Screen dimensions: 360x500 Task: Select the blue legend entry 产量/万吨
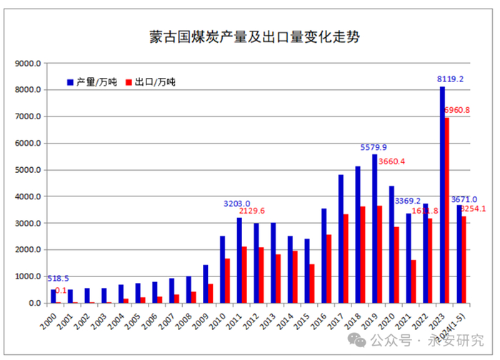tap(93, 82)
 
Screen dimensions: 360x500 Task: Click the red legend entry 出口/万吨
tap(150, 82)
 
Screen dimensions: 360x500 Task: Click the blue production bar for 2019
tap(375, 229)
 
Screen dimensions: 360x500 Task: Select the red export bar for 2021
tap(414, 281)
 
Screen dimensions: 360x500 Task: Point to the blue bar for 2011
tap(239, 260)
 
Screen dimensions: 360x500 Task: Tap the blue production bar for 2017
tap(341, 239)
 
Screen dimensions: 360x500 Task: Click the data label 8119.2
tap(451, 79)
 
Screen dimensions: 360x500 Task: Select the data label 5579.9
tap(374, 147)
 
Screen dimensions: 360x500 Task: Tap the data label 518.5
tap(59, 279)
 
